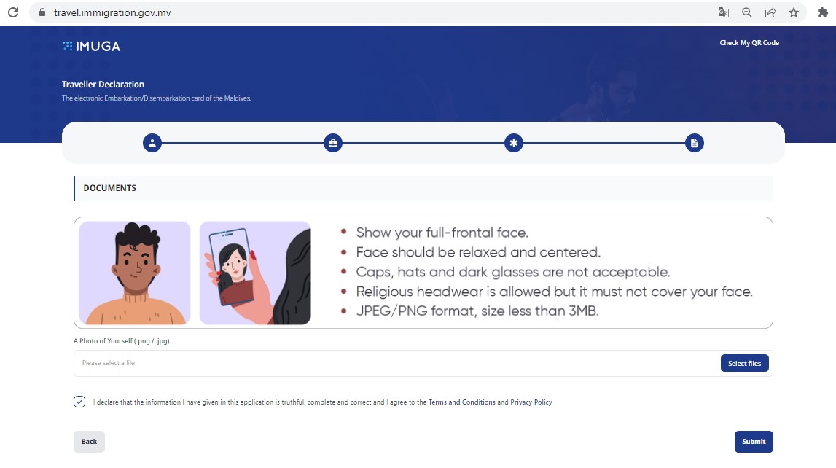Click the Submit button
point(754,441)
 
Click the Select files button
point(744,363)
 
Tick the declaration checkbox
point(79,402)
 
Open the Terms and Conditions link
point(461,402)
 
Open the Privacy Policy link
point(531,402)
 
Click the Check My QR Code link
point(749,42)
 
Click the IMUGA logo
point(91,47)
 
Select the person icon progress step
point(152,143)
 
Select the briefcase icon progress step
point(332,143)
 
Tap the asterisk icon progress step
point(513,143)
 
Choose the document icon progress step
point(694,143)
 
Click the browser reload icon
point(13,12)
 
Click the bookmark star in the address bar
point(794,13)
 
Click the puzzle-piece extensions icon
point(823,13)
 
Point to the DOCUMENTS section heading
point(110,188)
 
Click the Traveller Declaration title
point(103,85)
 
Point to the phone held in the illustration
point(231,267)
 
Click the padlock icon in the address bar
point(42,12)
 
